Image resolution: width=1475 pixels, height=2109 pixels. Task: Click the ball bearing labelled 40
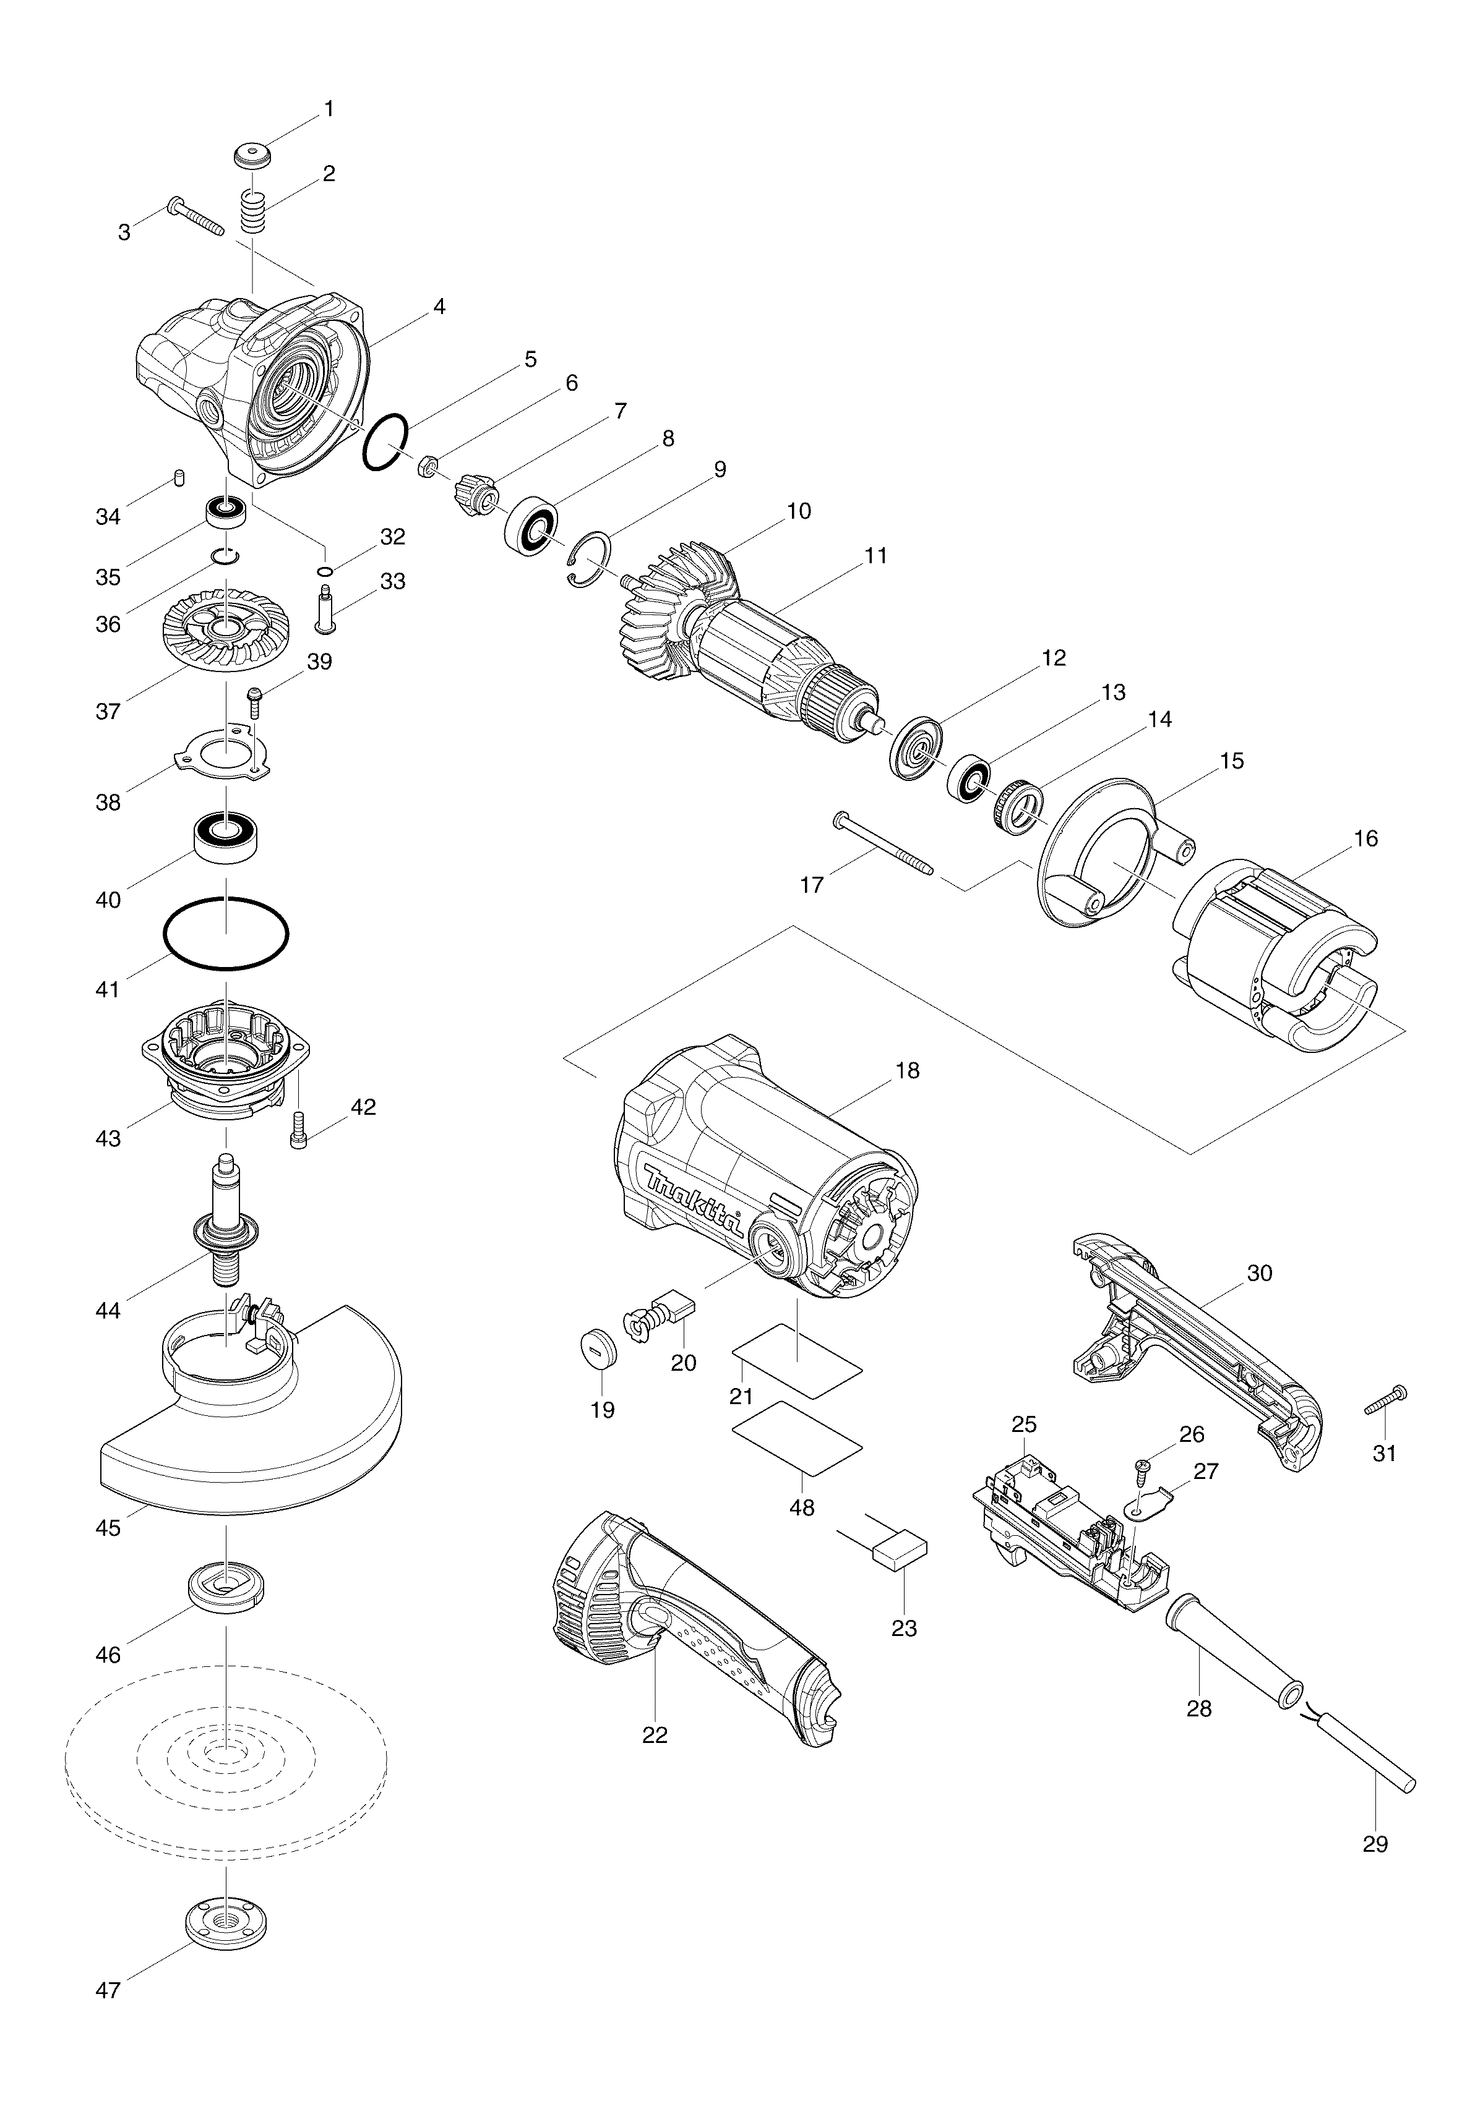[x=226, y=835]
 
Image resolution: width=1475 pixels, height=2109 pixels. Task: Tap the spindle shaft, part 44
[x=226, y=1222]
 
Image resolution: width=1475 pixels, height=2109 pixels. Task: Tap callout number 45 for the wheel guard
[x=108, y=1528]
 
